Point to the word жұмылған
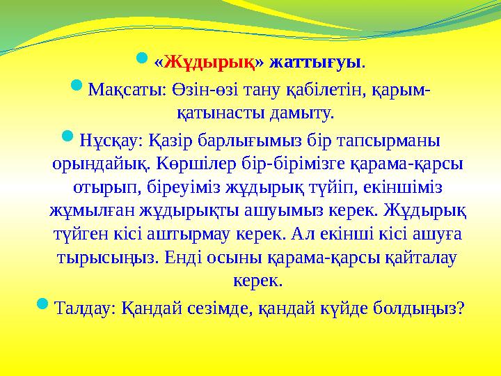pos(90,211)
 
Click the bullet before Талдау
pos(42,304)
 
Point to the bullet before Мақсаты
pos(78,87)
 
